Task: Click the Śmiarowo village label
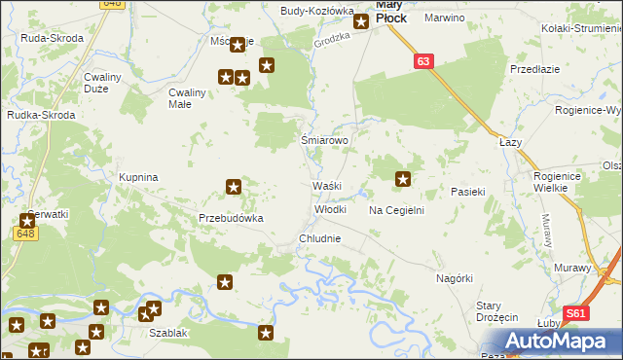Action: coord(324,140)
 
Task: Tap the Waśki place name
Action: coord(325,186)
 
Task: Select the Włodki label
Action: coord(330,209)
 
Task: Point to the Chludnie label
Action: coord(319,238)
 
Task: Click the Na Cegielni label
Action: coord(395,210)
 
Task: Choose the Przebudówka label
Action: coord(232,219)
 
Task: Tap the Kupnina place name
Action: coord(138,178)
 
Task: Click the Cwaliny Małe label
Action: coord(187,98)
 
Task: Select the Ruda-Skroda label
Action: coord(52,38)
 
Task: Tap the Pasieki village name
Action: coord(467,193)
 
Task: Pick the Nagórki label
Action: coord(455,278)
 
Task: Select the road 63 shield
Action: coord(421,61)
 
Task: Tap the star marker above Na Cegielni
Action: coord(403,178)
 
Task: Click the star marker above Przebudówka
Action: coord(234,186)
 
